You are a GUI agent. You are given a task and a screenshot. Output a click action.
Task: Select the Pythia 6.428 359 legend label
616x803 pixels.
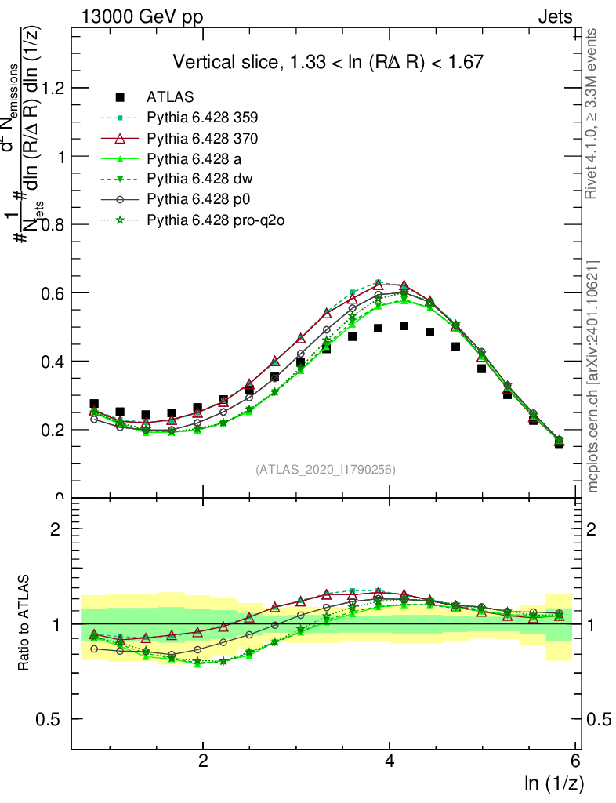point(202,118)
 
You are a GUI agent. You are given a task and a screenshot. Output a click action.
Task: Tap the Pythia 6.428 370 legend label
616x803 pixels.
point(202,138)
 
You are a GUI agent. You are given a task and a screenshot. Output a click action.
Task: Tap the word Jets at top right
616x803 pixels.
point(555,16)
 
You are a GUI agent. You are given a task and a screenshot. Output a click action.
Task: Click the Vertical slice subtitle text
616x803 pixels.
point(328,62)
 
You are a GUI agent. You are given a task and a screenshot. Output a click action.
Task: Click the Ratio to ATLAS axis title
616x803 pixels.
point(25,623)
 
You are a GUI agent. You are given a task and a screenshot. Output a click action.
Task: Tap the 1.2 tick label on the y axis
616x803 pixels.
point(52,88)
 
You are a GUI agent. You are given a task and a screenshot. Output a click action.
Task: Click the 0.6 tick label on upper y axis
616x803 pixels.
point(52,293)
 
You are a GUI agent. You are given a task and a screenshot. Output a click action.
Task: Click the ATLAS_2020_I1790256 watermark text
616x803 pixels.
point(324,470)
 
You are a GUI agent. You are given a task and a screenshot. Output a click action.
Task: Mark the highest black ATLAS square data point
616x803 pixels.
point(404,325)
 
